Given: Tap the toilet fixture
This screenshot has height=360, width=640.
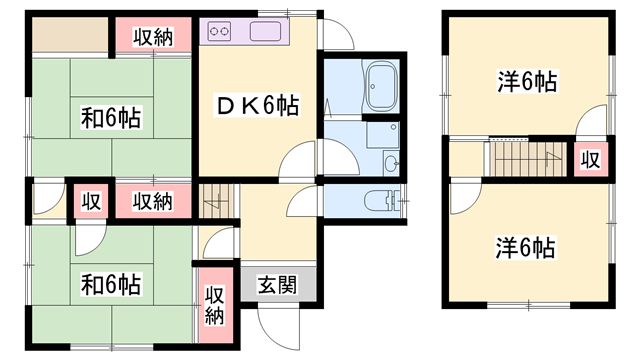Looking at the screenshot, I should (379, 201).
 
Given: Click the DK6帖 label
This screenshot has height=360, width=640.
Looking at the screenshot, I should (258, 103).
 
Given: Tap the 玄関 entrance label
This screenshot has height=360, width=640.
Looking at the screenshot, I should (277, 284).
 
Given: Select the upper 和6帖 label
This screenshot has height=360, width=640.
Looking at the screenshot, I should (111, 117).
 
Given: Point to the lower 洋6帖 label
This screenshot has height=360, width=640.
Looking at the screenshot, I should (525, 246).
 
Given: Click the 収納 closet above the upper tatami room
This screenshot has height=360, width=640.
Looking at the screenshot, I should (151, 37).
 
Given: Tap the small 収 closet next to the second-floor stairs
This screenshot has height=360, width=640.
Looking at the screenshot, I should (591, 159).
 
